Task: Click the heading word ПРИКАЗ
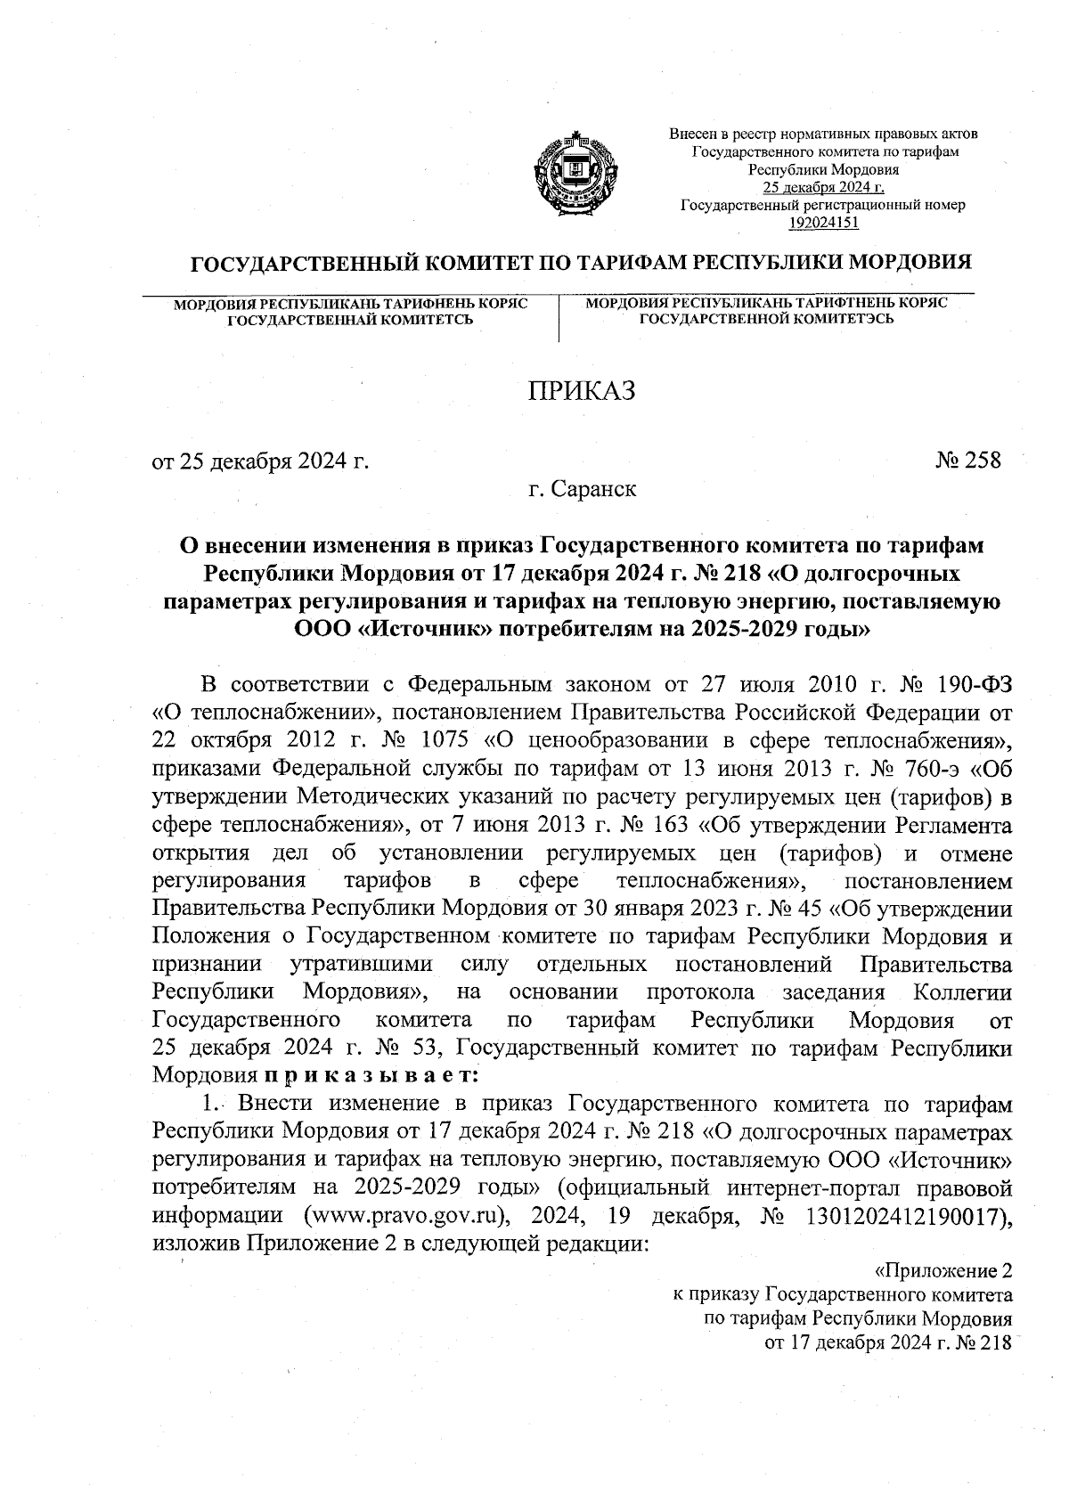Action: [583, 391]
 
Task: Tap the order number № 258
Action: [968, 461]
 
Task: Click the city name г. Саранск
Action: [582, 489]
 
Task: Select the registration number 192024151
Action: [823, 223]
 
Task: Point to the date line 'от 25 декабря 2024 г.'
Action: [260, 461]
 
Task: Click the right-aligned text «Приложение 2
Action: [945, 1271]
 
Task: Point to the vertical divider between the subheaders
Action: [559, 320]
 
